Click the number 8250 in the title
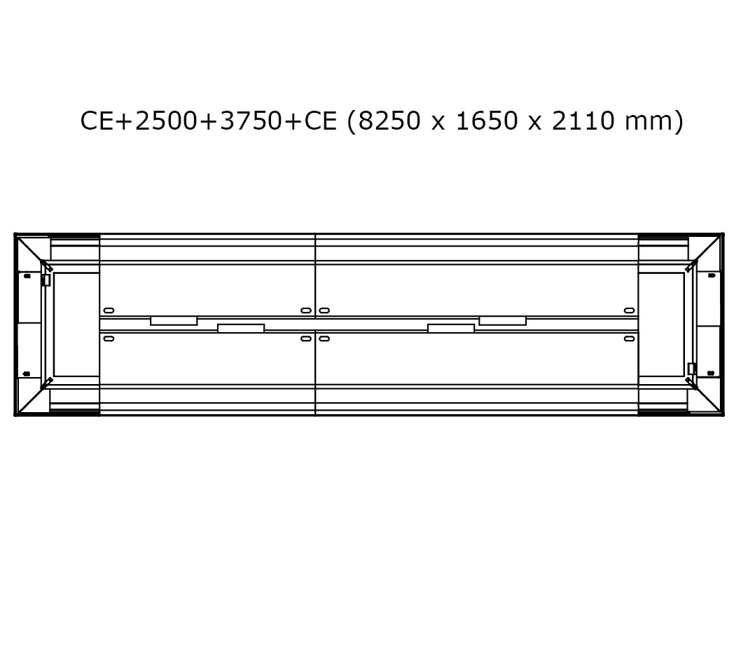click(389, 121)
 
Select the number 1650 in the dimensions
click(487, 121)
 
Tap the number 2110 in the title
click(583, 121)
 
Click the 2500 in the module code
click(165, 121)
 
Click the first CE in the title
click(97, 121)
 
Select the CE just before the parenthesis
click(321, 121)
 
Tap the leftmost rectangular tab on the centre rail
click(174, 321)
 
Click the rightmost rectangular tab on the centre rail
click(502, 321)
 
